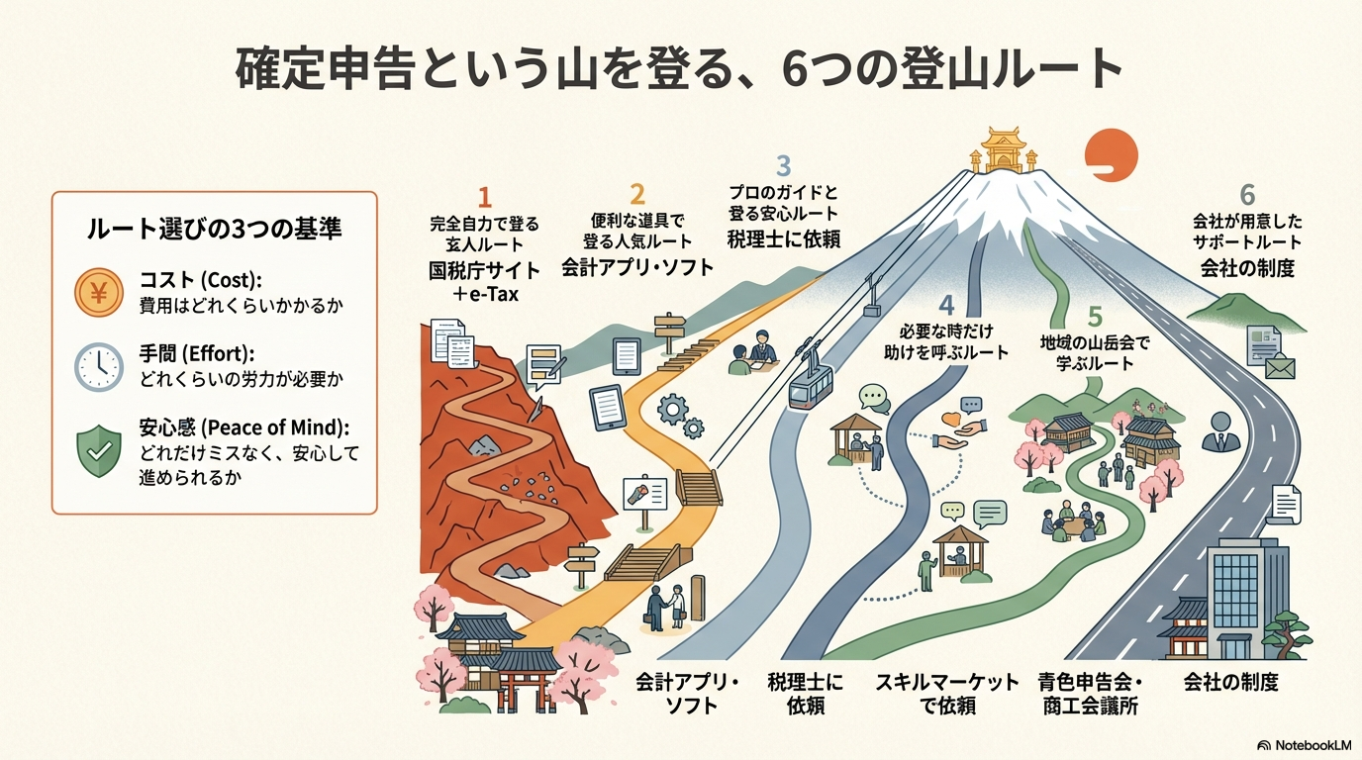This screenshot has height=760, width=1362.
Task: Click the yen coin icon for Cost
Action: pos(98,292)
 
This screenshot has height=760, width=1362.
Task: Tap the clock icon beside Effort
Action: pos(98,367)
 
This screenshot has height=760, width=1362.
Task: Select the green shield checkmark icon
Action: pos(98,451)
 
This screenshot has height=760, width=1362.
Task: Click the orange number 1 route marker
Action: pos(484,195)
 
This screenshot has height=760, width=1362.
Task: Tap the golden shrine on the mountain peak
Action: pos(1004,151)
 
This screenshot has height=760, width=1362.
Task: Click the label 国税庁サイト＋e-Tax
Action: pos(485,281)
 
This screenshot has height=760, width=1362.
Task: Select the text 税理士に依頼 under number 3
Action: pos(782,237)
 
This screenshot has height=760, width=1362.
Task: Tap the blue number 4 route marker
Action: pos(946,306)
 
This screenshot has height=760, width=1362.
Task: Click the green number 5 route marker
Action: pos(1094,317)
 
